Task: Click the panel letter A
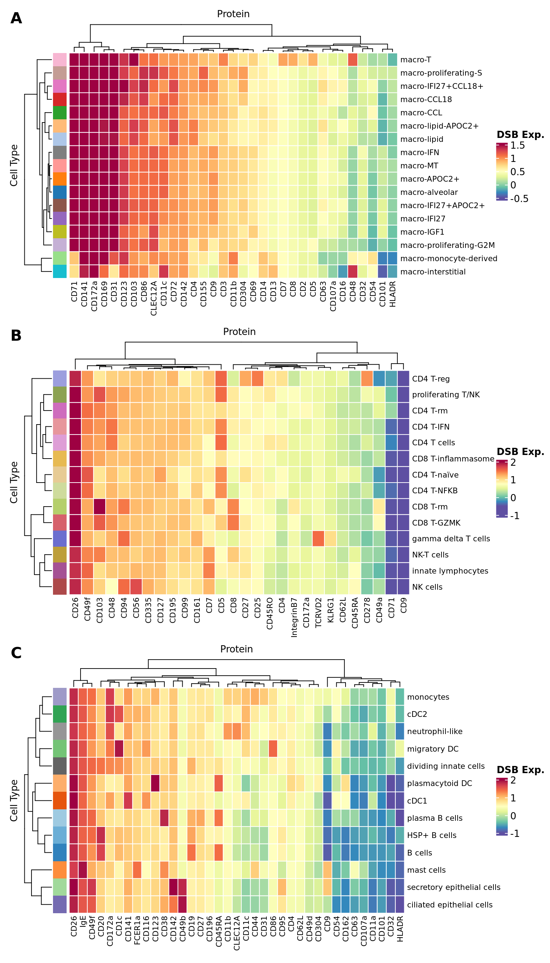pos(16,18)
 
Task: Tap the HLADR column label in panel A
pos(392,294)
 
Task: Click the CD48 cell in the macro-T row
pos(352,60)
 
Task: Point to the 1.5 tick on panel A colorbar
pos(517,145)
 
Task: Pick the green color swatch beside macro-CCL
pos(60,112)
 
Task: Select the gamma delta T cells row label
pos(451,538)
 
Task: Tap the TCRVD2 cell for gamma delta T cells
pos(318,538)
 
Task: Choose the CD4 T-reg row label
pos(431,379)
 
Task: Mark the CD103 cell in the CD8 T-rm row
pos(100,507)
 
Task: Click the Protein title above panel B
pos(239,331)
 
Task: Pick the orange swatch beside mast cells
pos(60,870)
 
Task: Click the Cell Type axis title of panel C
pos(14,800)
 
